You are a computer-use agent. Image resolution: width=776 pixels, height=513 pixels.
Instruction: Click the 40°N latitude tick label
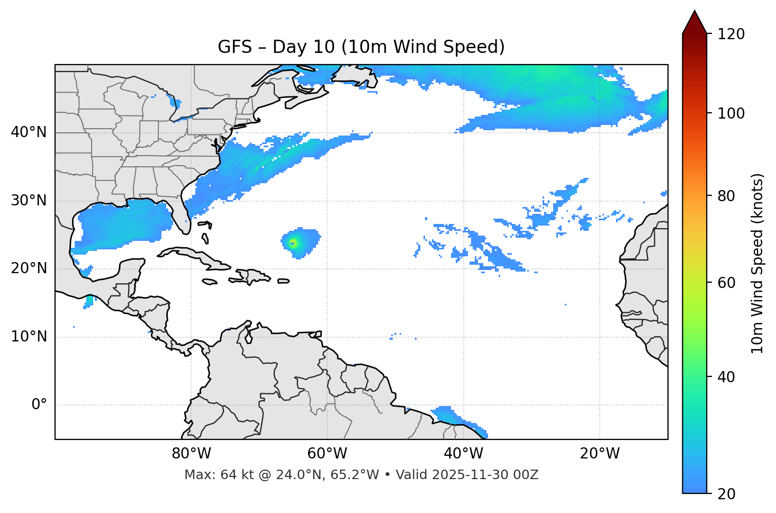coord(29,132)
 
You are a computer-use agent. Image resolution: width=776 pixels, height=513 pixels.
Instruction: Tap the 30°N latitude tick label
coord(29,201)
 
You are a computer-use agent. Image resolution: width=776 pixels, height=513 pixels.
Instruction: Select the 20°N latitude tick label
coord(29,268)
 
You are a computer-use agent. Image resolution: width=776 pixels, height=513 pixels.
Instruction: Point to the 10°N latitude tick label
coord(29,337)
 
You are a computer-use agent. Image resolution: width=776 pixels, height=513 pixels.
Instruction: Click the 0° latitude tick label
coord(39,405)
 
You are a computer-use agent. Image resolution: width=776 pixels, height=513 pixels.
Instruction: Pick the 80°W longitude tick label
coord(191,454)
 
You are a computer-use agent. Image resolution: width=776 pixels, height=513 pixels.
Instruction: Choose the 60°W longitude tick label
coord(327,454)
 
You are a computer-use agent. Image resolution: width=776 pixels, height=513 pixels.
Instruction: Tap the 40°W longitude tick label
coord(463,454)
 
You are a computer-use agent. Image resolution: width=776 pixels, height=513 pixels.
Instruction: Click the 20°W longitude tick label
coord(600,454)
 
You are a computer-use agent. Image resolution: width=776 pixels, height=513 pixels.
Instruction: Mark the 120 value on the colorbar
coord(731,34)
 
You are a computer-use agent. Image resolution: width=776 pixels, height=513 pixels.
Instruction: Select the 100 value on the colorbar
coord(731,113)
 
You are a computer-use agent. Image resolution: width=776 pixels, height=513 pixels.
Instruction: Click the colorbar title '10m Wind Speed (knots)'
coord(757,263)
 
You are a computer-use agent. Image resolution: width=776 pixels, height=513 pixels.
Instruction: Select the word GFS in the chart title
coord(234,47)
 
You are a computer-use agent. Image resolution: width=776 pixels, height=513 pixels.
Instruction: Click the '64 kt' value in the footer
coord(233,475)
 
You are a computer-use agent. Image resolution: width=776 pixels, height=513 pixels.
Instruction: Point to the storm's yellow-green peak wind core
coord(293,243)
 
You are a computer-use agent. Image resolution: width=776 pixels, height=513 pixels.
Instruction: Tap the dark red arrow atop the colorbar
coord(694,22)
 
